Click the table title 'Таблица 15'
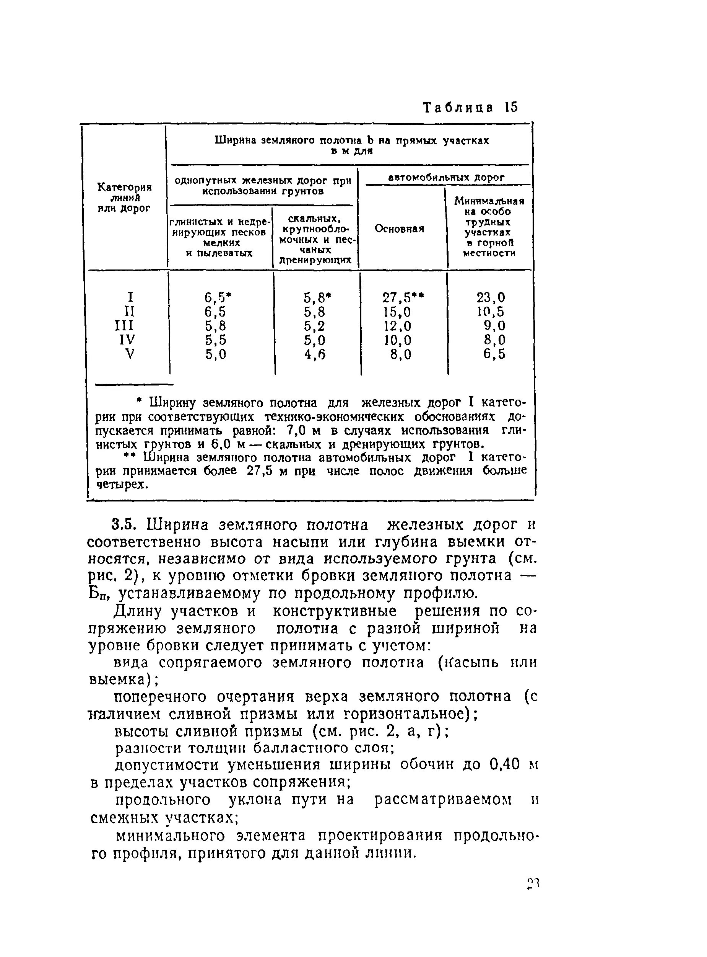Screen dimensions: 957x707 470,108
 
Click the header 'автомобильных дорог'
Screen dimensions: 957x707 446,177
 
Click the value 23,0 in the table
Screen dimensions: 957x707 491,297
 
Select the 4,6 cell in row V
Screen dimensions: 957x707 315,354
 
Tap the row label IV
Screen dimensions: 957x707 127,340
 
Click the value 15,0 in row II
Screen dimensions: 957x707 397,312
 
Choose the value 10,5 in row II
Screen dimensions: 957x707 491,312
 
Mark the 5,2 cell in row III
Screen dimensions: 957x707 315,326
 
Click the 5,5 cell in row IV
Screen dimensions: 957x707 215,340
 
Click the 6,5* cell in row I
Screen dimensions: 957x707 218,297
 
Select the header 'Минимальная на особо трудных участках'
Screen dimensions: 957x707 489,227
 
